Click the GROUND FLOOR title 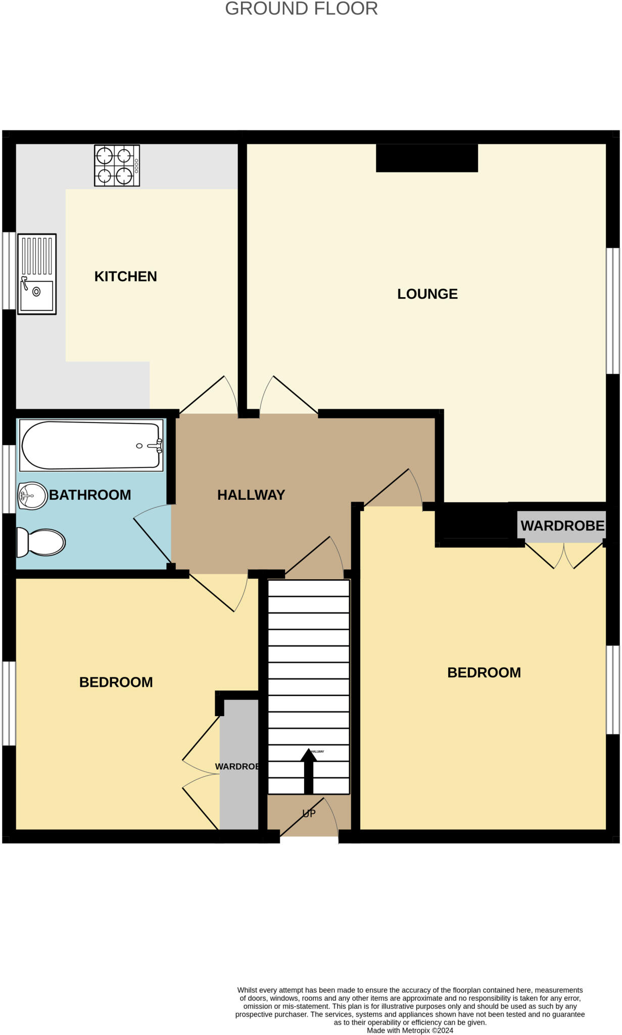click(301, 9)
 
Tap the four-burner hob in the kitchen click(117, 166)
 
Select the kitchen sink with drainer click(37, 274)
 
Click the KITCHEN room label click(125, 276)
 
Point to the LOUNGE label click(427, 294)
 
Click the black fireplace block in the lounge click(426, 158)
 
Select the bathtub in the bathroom click(91, 445)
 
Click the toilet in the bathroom click(41, 542)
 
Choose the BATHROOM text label click(90, 495)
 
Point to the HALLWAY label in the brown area click(251, 495)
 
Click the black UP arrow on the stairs click(308, 771)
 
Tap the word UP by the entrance click(309, 813)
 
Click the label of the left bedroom click(116, 682)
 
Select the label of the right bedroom click(484, 673)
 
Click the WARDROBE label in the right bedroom click(562, 526)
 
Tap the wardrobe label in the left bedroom click(237, 767)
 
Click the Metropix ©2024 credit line click(410, 1030)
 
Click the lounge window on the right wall click(612, 310)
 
